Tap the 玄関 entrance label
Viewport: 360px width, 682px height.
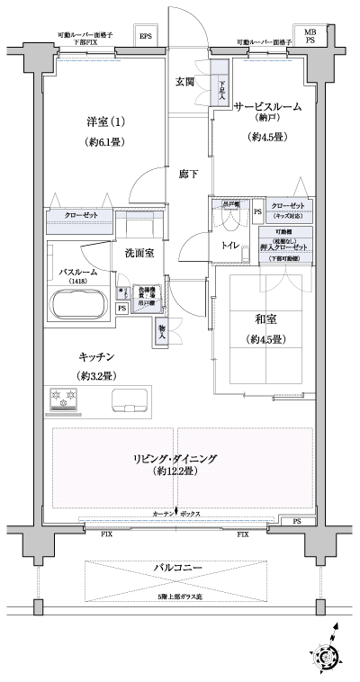(x=185, y=81)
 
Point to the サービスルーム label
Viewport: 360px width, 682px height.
(x=267, y=106)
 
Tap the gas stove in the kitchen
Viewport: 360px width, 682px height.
(x=62, y=398)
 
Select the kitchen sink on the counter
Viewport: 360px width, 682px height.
(x=131, y=399)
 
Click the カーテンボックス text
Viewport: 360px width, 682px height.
(x=176, y=514)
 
